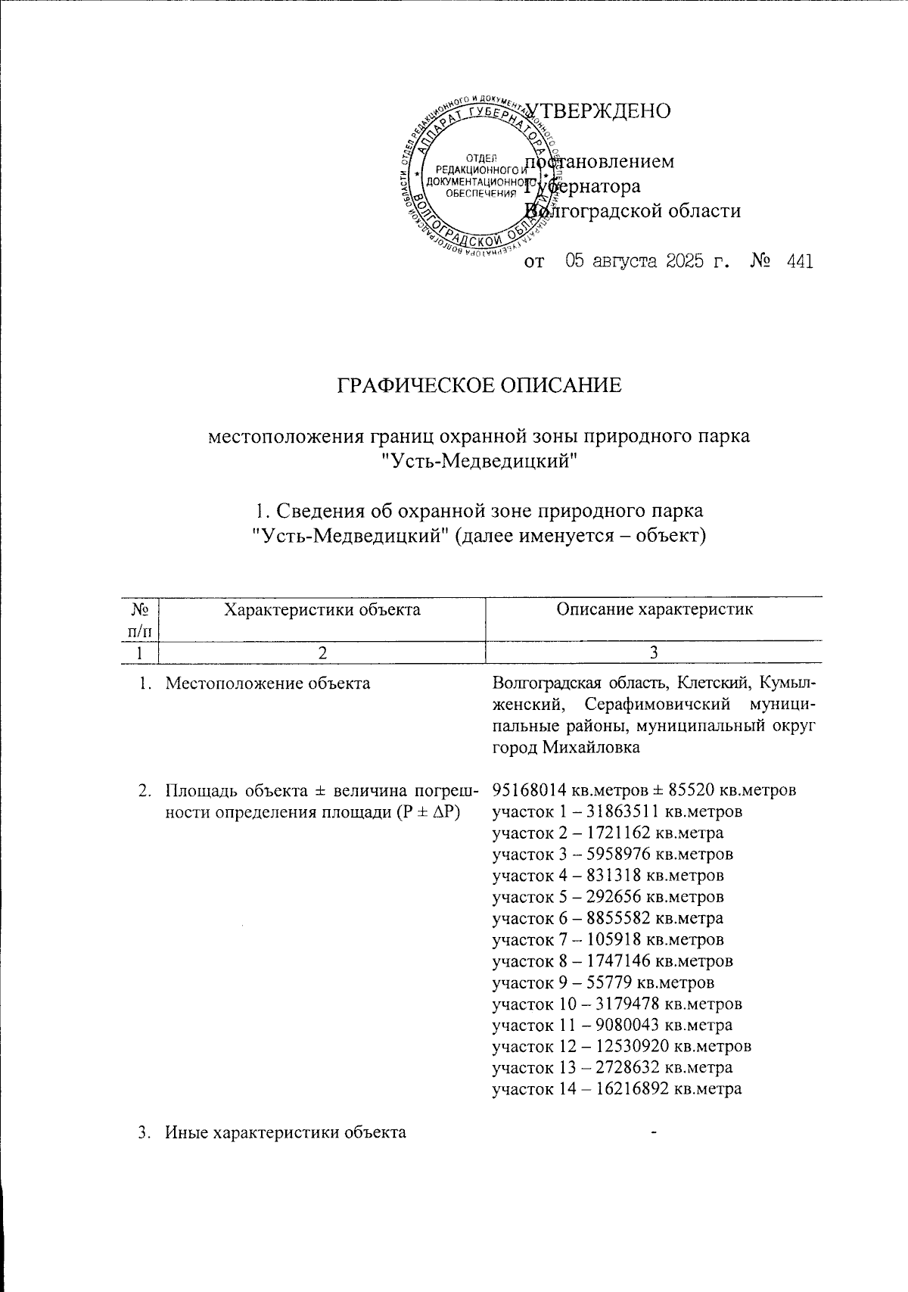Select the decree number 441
799,262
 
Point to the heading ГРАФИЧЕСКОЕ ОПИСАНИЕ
479,385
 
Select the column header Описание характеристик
655,609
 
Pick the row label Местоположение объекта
267,684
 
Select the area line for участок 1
617,811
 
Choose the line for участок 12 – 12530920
621,1047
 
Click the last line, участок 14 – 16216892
617,1089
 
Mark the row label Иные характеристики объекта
285,1132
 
